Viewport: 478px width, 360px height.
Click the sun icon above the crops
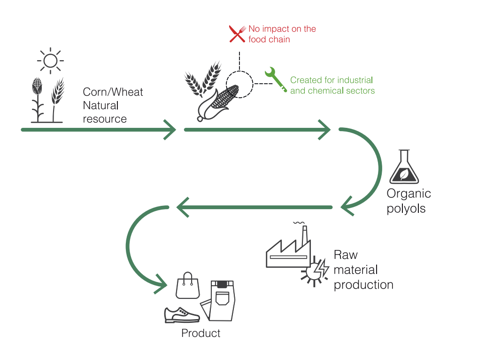coord(50,61)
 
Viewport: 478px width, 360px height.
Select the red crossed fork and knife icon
coord(238,34)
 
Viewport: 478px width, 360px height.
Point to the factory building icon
coord(287,251)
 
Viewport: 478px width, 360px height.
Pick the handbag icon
coord(188,286)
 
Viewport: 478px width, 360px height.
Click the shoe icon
coord(182,315)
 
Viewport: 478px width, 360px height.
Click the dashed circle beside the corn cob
coord(239,84)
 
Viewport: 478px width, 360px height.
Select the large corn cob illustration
coord(219,101)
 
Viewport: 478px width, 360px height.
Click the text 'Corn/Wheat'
coord(113,92)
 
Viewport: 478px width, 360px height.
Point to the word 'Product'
coord(201,334)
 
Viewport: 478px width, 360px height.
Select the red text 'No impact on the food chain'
coord(282,34)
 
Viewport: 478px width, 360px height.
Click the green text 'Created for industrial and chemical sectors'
coord(332,85)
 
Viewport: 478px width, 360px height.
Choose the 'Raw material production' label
coord(363,270)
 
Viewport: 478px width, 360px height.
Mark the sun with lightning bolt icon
coord(315,271)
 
